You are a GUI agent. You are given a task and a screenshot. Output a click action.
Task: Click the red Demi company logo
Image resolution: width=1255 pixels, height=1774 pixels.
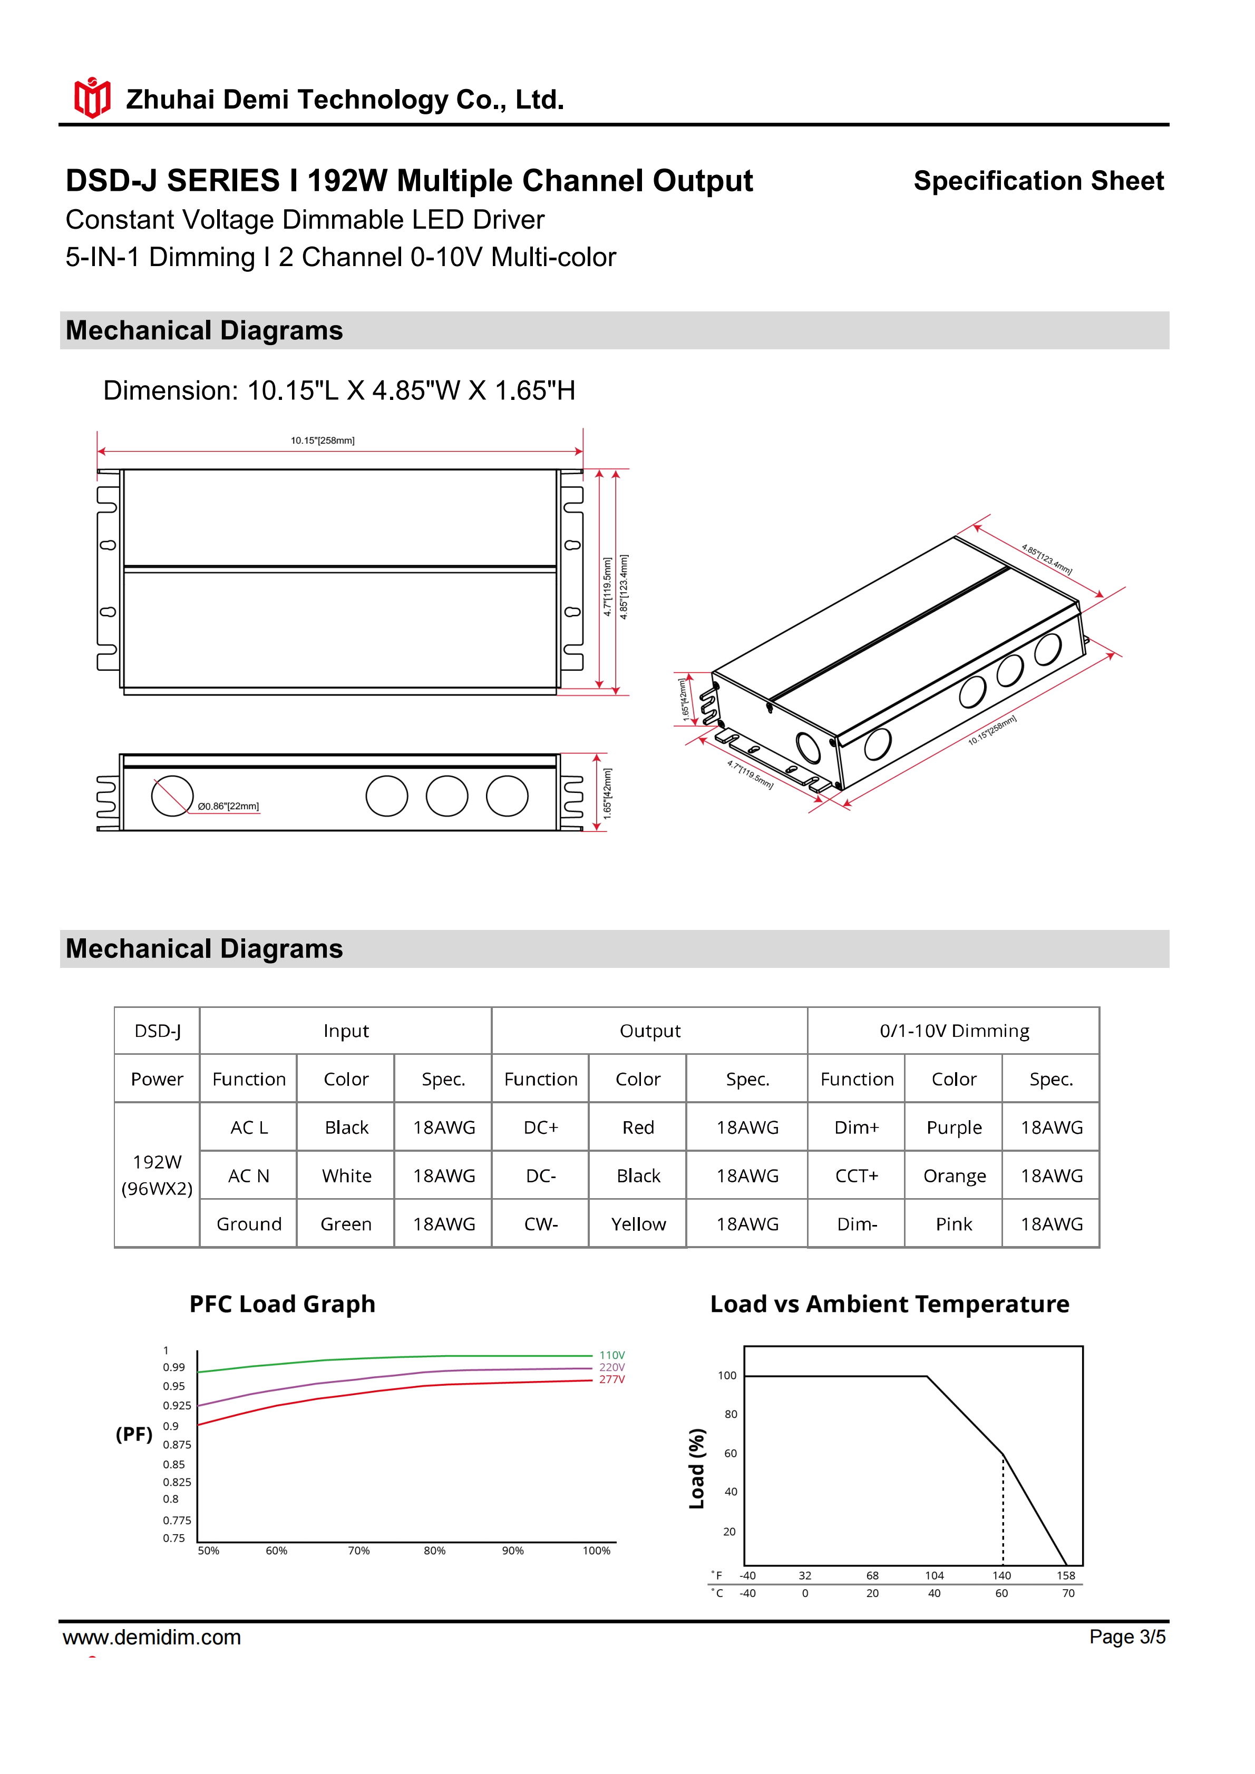pos(92,98)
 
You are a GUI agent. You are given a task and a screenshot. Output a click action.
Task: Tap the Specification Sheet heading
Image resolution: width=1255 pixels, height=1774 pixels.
pos(1038,181)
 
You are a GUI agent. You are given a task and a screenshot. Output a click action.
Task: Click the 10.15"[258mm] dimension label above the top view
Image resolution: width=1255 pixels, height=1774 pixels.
pos(322,440)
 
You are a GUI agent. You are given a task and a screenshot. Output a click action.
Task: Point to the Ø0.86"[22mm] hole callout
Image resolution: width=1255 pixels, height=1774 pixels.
pos(228,806)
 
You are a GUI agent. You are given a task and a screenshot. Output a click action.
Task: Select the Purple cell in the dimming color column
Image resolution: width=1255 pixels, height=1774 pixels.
pos(954,1128)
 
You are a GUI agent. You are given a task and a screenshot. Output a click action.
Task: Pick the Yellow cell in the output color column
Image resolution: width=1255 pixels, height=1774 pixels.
pos(638,1224)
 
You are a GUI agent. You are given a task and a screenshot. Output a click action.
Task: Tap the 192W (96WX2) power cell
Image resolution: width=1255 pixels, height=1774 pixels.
pos(157,1174)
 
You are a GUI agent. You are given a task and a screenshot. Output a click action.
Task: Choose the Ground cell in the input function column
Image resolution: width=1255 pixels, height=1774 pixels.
pos(248,1224)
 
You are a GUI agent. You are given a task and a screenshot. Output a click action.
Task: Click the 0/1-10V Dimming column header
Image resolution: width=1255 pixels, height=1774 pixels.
pos(954,1031)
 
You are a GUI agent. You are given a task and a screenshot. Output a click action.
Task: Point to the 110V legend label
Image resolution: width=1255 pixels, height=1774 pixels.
pos(612,1355)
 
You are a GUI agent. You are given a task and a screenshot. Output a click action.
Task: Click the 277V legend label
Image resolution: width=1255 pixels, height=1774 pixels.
pos(612,1379)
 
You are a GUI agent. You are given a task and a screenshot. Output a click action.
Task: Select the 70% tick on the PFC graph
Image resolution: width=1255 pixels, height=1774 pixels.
pos(358,1551)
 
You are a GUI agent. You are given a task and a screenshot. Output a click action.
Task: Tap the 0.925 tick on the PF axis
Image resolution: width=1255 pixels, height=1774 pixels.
pos(177,1405)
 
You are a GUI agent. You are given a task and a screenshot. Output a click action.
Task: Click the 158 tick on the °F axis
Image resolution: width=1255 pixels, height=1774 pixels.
pos(1066,1575)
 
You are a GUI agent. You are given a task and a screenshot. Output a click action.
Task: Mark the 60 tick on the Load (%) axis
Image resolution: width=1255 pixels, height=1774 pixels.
pos(730,1453)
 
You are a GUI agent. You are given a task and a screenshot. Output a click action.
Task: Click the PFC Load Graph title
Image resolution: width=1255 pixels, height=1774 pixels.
pos(282,1304)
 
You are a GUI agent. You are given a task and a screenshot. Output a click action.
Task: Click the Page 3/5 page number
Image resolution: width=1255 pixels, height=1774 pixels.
pos(1127,1636)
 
